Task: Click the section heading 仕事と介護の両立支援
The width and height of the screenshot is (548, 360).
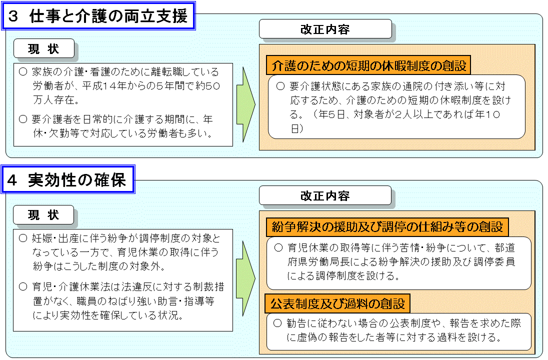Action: point(108,16)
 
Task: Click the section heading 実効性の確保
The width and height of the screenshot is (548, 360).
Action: point(77,180)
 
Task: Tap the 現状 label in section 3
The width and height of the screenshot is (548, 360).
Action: point(43,48)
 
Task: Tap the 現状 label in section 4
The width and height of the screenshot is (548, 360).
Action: point(43,214)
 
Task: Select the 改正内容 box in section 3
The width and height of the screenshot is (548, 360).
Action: point(325,29)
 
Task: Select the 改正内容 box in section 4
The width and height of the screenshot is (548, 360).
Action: point(325,195)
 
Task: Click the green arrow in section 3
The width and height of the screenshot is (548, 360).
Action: point(246,104)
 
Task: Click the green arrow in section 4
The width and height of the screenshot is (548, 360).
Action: point(245,278)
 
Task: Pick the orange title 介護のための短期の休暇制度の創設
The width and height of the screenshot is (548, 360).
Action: point(368,65)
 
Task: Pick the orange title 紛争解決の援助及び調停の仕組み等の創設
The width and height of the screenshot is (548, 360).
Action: point(387,227)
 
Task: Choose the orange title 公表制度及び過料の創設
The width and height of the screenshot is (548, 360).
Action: point(337,303)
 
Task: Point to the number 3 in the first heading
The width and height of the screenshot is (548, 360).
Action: point(13,16)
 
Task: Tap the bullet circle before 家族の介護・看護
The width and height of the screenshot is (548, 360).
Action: point(23,72)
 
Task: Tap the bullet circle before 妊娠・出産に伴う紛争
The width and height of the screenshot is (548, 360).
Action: point(23,238)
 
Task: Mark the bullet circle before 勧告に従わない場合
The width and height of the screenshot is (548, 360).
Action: point(277,323)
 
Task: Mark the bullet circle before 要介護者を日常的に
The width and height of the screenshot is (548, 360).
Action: point(23,119)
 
